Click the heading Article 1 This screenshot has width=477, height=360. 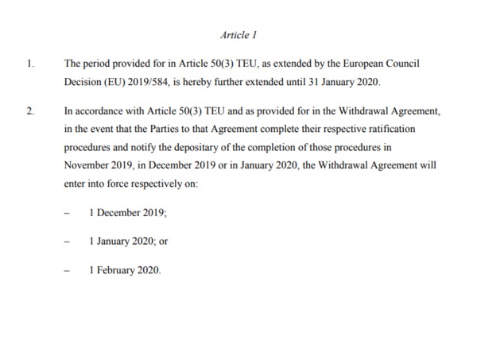[x=238, y=35]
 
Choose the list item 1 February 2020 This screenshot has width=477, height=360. [x=125, y=270]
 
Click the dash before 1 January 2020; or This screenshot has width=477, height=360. [x=68, y=242]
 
